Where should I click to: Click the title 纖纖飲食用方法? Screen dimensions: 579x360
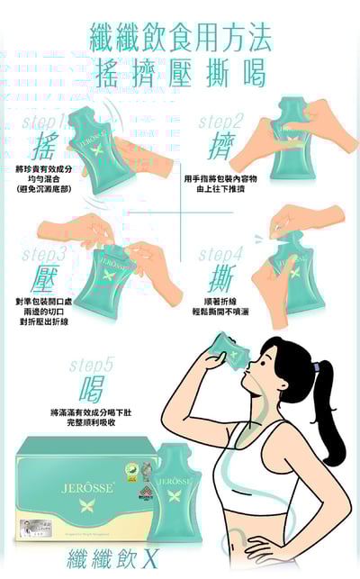[x=180, y=38]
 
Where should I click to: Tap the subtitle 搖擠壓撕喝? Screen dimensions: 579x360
[x=180, y=72]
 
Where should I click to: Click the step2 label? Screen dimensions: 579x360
[x=220, y=122]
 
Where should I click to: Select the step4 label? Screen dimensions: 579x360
[x=220, y=254]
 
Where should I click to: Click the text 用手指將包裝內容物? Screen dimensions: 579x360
[x=220, y=178]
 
